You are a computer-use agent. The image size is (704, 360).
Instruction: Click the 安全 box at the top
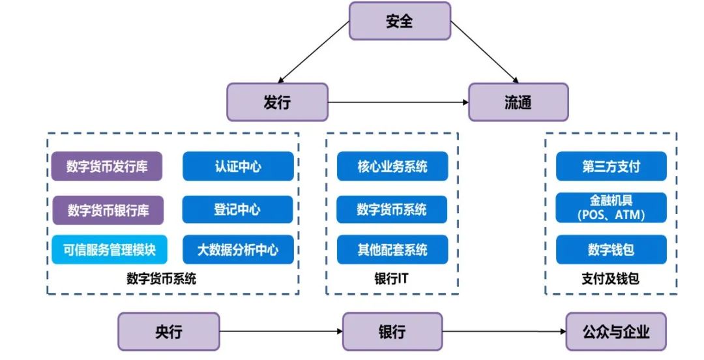(400, 21)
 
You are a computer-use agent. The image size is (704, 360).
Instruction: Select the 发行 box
(277, 102)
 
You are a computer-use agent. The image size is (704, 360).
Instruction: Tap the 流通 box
(518, 102)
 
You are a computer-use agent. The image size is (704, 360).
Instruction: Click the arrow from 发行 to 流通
(398, 102)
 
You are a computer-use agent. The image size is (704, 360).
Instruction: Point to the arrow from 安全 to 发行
(314, 52)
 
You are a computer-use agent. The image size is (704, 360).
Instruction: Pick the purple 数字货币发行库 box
(107, 166)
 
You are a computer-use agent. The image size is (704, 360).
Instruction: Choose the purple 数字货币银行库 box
(108, 210)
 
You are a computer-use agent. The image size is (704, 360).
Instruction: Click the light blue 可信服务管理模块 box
(109, 249)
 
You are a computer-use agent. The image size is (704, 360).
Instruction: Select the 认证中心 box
(238, 166)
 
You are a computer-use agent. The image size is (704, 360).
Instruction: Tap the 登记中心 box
(237, 209)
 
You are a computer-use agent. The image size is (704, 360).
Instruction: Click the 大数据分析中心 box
(238, 249)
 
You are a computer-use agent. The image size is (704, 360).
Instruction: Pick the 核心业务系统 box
(392, 166)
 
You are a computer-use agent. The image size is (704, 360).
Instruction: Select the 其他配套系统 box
(392, 249)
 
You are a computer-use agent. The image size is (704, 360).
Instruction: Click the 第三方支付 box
(611, 166)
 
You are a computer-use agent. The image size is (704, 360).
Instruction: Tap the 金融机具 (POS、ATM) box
(611, 207)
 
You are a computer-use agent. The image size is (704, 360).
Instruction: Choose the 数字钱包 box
(611, 249)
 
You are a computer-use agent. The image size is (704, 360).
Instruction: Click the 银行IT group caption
(392, 278)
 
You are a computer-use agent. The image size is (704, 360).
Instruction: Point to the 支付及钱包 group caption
(611, 278)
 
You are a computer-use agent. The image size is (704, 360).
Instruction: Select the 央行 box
(169, 332)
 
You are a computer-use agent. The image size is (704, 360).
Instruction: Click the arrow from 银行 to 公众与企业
(504, 332)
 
